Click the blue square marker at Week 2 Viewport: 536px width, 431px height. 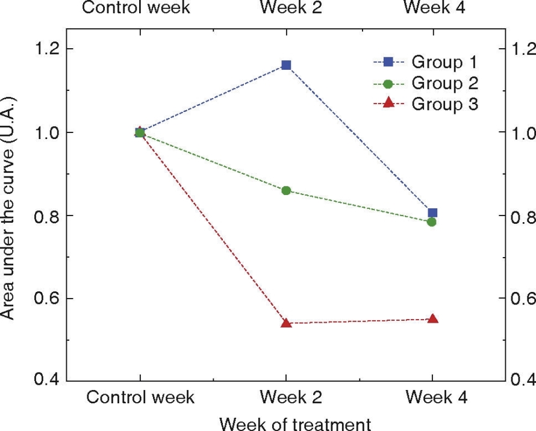coord(286,65)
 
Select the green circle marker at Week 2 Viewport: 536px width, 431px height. coord(286,191)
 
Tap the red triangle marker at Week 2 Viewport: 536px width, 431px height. coord(286,323)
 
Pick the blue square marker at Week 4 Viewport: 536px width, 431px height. coord(432,212)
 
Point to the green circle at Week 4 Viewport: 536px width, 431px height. coord(431,222)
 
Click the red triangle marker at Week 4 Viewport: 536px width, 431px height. coord(432,318)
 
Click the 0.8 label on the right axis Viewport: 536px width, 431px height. coord(522,216)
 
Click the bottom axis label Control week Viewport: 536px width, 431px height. coord(140,398)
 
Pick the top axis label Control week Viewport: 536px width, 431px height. coord(136,8)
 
